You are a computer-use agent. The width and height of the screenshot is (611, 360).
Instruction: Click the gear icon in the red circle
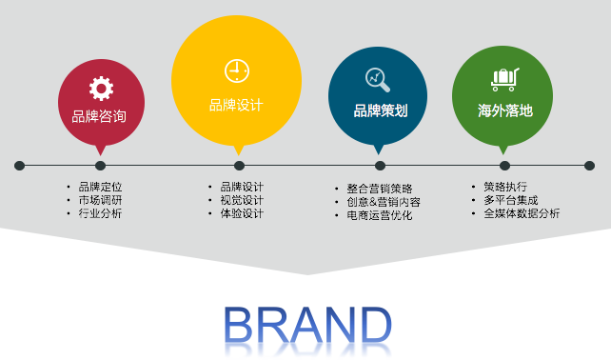coord(101,90)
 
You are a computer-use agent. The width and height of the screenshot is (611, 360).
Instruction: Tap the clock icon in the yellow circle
coord(236,70)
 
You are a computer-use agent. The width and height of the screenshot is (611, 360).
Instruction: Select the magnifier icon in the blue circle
coord(378,79)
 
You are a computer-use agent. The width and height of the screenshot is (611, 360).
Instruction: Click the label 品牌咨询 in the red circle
coord(99,117)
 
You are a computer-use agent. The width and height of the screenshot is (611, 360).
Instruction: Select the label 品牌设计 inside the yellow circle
coord(236,105)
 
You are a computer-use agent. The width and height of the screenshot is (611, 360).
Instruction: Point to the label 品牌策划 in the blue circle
coord(381,110)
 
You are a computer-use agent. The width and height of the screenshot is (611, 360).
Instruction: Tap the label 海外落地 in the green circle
coord(504,110)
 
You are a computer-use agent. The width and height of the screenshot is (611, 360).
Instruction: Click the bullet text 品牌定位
coord(100,187)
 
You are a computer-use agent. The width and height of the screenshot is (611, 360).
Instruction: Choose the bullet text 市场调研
coord(100,200)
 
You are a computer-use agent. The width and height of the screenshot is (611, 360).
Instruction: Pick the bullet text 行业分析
coord(100,213)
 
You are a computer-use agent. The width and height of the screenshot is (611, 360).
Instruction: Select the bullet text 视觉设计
coord(242,200)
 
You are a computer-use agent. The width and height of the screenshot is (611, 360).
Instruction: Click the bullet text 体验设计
coord(242,213)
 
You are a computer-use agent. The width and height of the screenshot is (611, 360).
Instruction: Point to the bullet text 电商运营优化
coord(379,215)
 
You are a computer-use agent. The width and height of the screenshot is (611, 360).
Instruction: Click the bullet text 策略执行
coord(504,187)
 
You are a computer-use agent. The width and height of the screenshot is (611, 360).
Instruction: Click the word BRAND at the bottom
coord(306,327)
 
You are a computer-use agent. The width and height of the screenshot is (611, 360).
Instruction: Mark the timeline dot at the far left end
coord(19,166)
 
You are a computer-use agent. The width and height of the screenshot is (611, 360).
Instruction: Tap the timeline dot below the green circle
coord(504,166)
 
